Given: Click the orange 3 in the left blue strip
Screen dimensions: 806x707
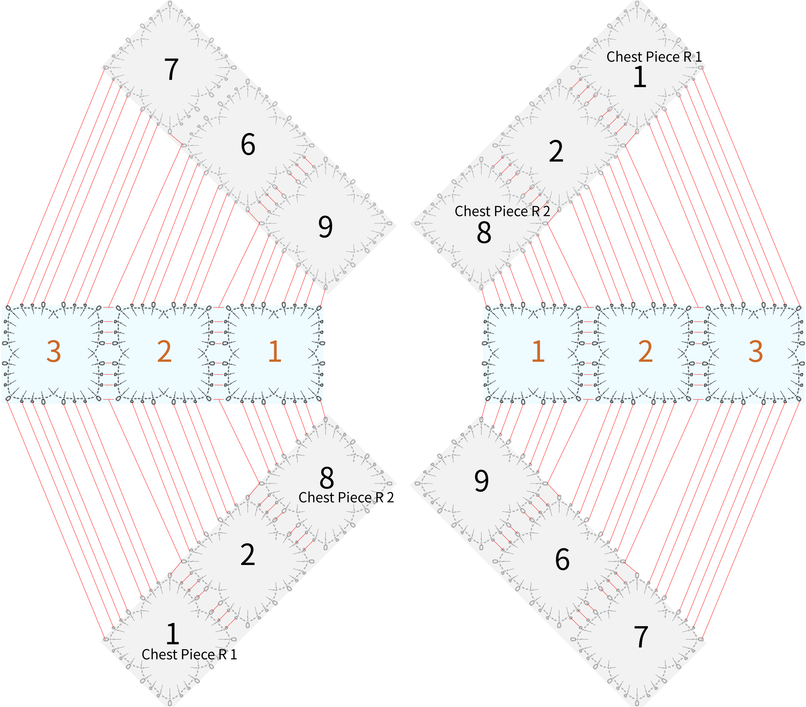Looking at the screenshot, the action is (54, 351).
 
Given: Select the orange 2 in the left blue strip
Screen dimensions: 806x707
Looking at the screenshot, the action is (164, 351).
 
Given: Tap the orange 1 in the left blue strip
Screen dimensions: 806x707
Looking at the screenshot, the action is (275, 351).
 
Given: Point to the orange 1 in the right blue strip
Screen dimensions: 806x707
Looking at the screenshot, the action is (538, 351).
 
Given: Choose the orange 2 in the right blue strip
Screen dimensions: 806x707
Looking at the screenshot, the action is (645, 351).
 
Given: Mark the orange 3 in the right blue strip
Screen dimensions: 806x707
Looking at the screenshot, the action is (756, 351).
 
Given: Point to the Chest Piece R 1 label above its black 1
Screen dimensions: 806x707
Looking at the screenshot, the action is (654, 57).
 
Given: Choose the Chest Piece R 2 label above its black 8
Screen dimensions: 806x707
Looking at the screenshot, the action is (502, 211).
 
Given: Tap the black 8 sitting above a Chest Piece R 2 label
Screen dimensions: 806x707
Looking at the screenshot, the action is (327, 478).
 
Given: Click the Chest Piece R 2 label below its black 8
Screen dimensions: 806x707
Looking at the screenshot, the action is (346, 498).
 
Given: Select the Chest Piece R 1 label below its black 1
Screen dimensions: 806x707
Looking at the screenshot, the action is (189, 654).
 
